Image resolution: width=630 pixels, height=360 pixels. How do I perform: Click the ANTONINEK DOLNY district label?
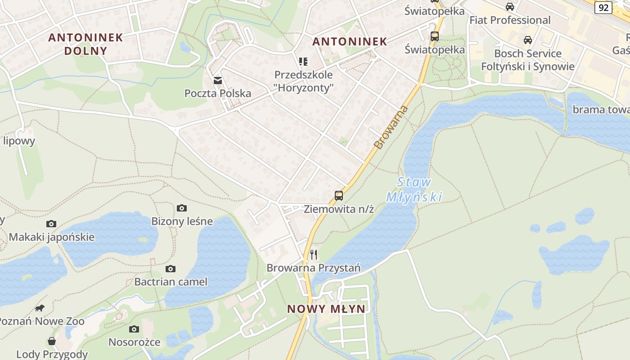(85, 44)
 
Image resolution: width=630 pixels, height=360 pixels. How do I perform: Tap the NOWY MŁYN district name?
(326, 309)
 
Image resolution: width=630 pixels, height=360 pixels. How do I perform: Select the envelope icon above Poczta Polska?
(218, 81)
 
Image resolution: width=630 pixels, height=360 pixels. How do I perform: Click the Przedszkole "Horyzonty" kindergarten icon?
(303, 61)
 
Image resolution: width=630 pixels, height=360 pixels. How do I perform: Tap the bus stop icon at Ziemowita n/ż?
(339, 195)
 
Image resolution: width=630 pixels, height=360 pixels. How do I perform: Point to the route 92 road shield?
(603, 7)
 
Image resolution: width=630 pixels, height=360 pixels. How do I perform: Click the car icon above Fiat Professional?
(510, 7)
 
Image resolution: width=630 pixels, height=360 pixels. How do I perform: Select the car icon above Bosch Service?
(528, 40)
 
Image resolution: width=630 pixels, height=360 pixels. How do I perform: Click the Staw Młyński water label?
(414, 189)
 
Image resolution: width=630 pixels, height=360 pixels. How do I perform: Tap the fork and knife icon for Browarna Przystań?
(314, 255)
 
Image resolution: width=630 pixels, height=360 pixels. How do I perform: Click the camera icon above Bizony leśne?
(182, 208)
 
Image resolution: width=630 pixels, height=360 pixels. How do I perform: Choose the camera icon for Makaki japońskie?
(51, 224)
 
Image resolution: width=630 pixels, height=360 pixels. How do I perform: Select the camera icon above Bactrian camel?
(171, 269)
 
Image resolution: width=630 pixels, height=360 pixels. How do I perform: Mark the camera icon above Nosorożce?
(134, 329)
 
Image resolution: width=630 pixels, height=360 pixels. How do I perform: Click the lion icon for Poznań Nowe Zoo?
(40, 308)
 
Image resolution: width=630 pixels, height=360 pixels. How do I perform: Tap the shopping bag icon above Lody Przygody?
(52, 341)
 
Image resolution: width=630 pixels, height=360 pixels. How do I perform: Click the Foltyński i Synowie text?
(527, 67)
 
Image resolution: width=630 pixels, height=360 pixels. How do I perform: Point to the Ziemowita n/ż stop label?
(339, 209)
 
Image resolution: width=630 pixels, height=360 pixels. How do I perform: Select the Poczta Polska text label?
(218, 94)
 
